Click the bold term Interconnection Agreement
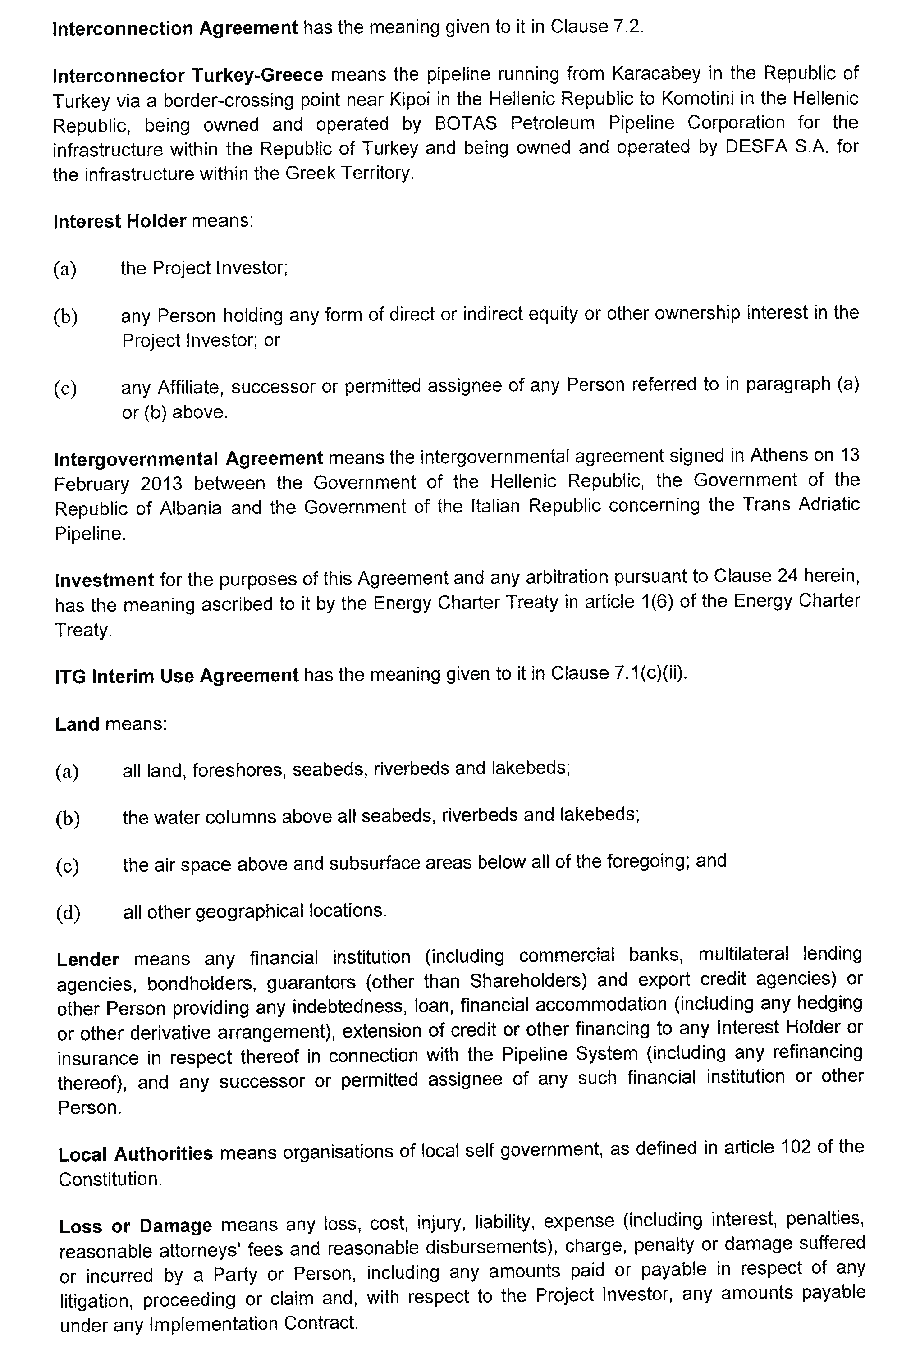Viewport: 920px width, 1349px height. [175, 28]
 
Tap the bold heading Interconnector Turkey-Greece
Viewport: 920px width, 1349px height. [188, 75]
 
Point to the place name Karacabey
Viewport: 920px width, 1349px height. [656, 74]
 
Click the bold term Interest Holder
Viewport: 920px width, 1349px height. [119, 221]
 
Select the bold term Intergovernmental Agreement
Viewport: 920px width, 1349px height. [188, 458]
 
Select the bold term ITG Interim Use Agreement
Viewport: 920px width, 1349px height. [176, 676]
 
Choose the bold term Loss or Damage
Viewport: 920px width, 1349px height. [135, 1226]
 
